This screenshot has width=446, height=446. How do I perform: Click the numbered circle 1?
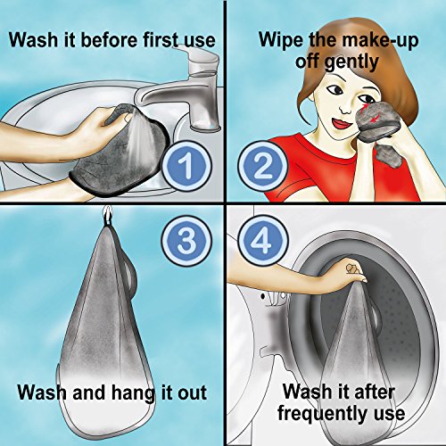(x=187, y=167)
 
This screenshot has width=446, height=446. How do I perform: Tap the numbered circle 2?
(x=263, y=167)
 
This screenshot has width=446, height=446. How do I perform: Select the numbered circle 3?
(x=187, y=241)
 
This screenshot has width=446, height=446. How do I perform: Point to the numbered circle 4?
(x=263, y=241)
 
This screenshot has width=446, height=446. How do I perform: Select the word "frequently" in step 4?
(x=321, y=414)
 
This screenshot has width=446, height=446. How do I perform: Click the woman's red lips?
(x=342, y=123)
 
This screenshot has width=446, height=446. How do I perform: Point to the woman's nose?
(x=346, y=110)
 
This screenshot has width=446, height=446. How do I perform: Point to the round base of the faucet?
(x=205, y=128)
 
